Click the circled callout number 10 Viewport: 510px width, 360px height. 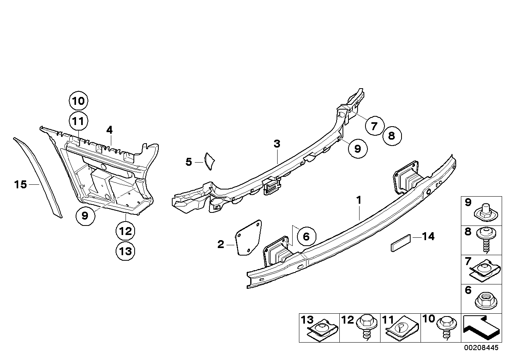tap(79, 101)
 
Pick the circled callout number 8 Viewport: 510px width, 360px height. tap(392, 136)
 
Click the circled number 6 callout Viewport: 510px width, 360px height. tap(306, 237)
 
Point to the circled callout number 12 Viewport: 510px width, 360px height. tap(126, 231)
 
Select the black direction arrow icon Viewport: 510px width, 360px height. tap(480, 328)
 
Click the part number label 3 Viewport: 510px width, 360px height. tap(277, 144)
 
